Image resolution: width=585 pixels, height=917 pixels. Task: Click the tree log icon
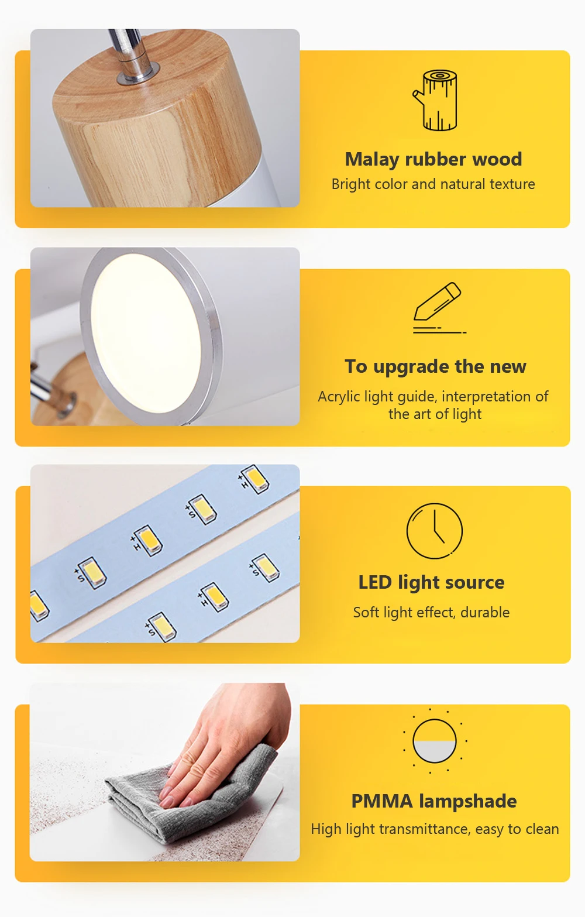[x=435, y=100]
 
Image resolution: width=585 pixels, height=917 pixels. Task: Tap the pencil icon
[x=438, y=307]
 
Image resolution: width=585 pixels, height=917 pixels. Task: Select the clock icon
[x=434, y=531]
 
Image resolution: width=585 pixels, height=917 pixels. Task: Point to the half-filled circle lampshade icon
[x=434, y=741]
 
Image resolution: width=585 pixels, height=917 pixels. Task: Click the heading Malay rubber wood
[x=433, y=159]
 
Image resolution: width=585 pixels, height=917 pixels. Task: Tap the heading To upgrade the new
[x=435, y=366]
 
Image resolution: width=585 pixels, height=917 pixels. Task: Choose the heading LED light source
[x=432, y=582]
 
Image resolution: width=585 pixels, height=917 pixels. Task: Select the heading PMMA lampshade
[x=434, y=801]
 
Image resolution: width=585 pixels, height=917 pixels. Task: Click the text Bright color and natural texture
[x=433, y=184]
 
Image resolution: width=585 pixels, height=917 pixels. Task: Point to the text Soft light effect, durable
[x=432, y=613]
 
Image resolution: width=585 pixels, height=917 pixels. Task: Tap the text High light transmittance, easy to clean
[x=435, y=829]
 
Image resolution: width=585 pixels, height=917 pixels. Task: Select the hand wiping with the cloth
[x=230, y=737]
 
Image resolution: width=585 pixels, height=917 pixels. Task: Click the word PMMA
[x=382, y=801]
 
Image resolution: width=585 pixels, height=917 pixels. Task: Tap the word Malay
[x=371, y=160]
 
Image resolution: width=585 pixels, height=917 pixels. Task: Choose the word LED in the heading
[x=375, y=582]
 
